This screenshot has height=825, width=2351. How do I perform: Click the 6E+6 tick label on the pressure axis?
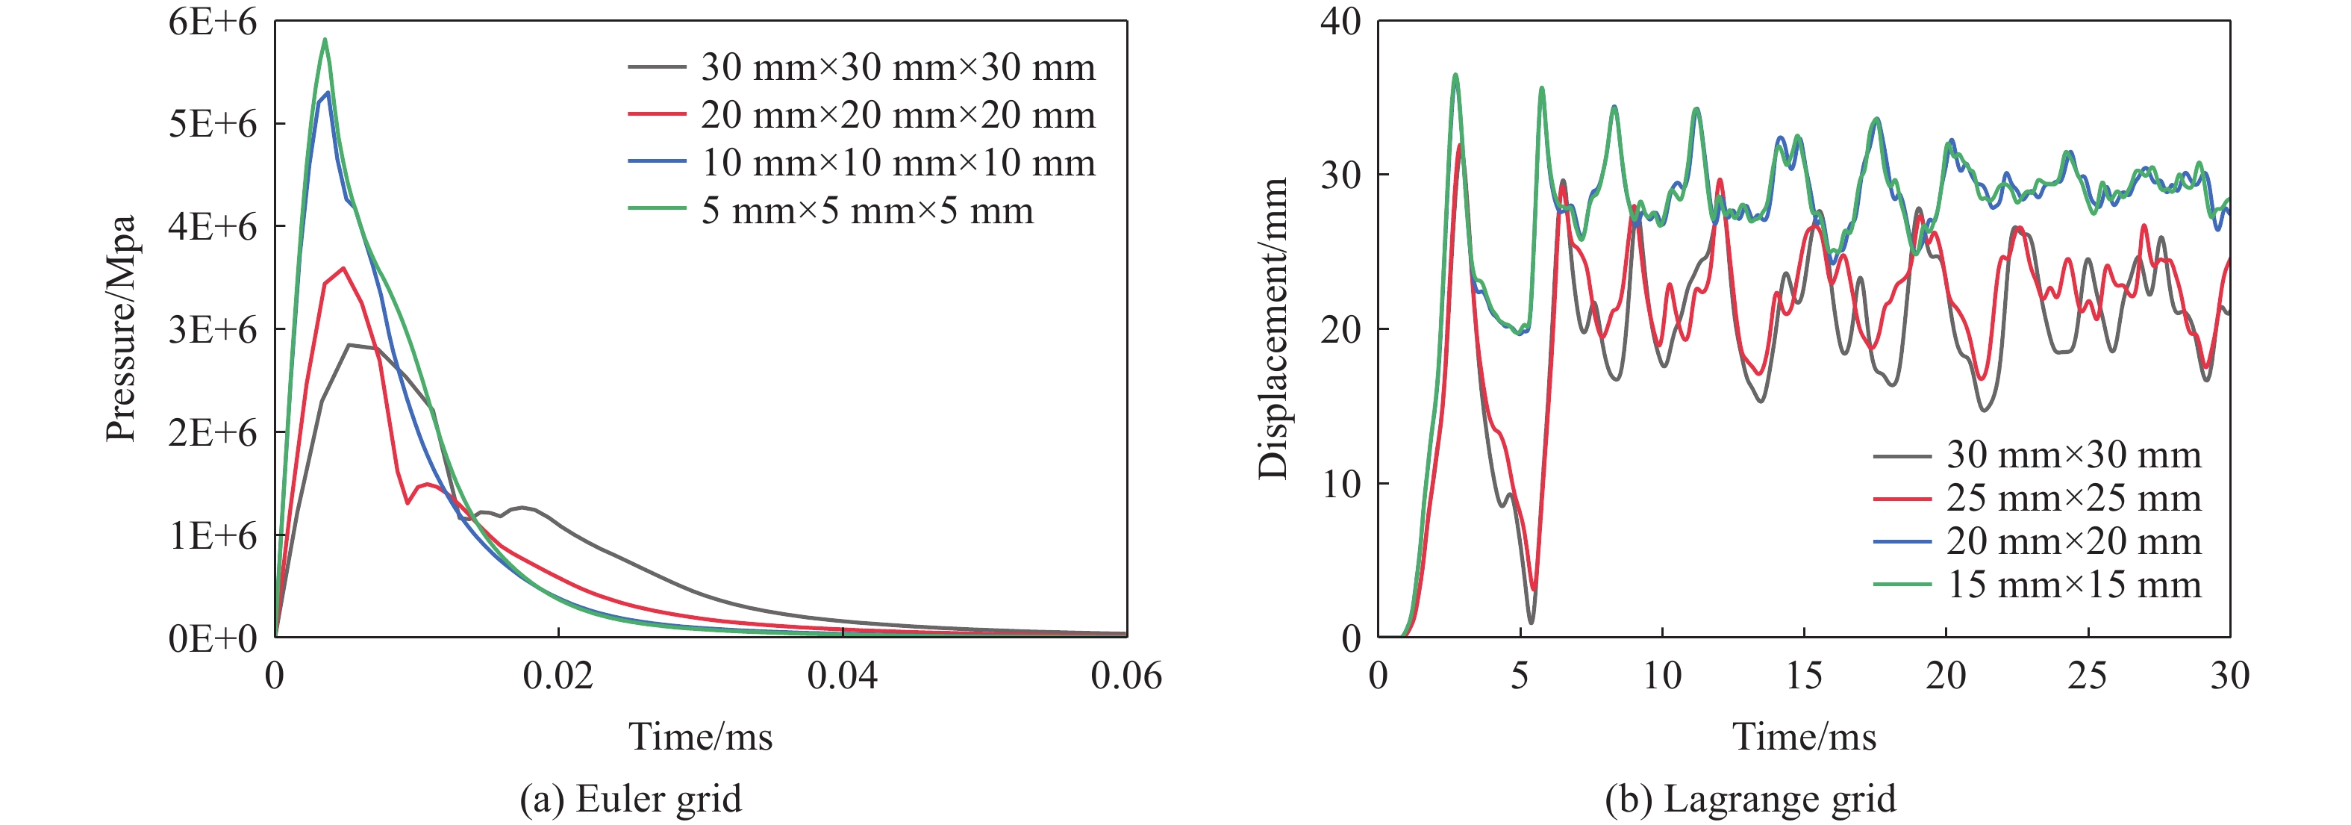coord(213,22)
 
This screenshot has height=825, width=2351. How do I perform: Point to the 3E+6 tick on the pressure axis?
coord(213,329)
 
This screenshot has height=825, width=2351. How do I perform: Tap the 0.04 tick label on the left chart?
coord(843,676)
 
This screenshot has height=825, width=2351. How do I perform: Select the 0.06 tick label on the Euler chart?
coord(1126,676)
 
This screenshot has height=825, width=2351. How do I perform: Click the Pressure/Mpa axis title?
coord(122,329)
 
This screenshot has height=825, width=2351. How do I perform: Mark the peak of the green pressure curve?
coord(325,40)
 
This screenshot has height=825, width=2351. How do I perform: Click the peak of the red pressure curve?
coord(343,267)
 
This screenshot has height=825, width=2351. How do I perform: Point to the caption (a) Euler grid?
coord(631,799)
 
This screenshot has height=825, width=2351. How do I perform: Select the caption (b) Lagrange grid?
coord(1749,799)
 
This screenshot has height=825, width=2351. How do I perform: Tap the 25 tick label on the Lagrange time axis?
coord(2088,676)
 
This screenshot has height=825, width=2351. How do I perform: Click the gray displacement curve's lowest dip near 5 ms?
coord(1531,623)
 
